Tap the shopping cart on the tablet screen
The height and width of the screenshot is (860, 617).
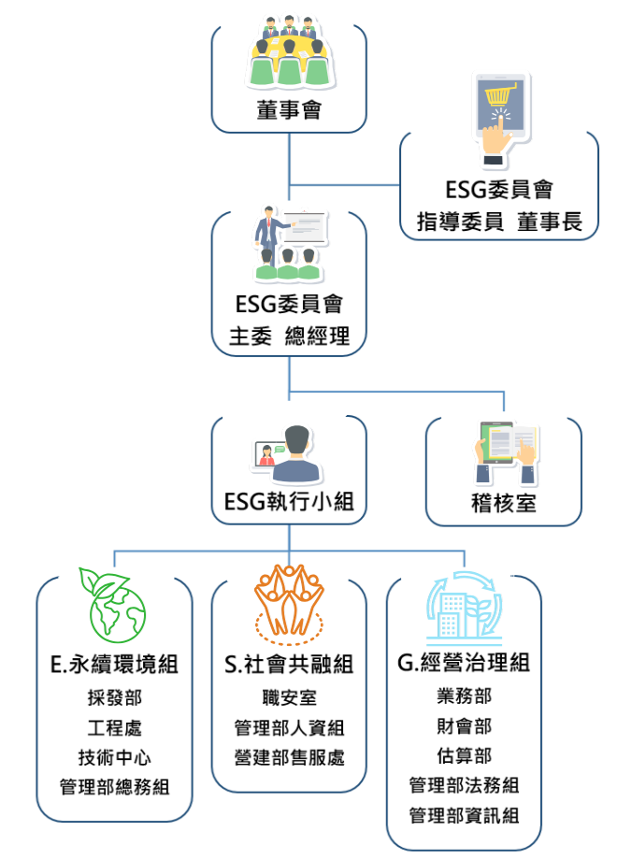(498, 95)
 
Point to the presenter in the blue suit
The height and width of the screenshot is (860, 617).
(269, 226)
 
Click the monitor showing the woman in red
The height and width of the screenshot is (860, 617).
(267, 455)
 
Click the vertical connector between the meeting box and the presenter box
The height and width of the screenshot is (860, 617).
(289, 159)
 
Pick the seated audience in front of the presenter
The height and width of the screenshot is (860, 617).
(287, 265)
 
